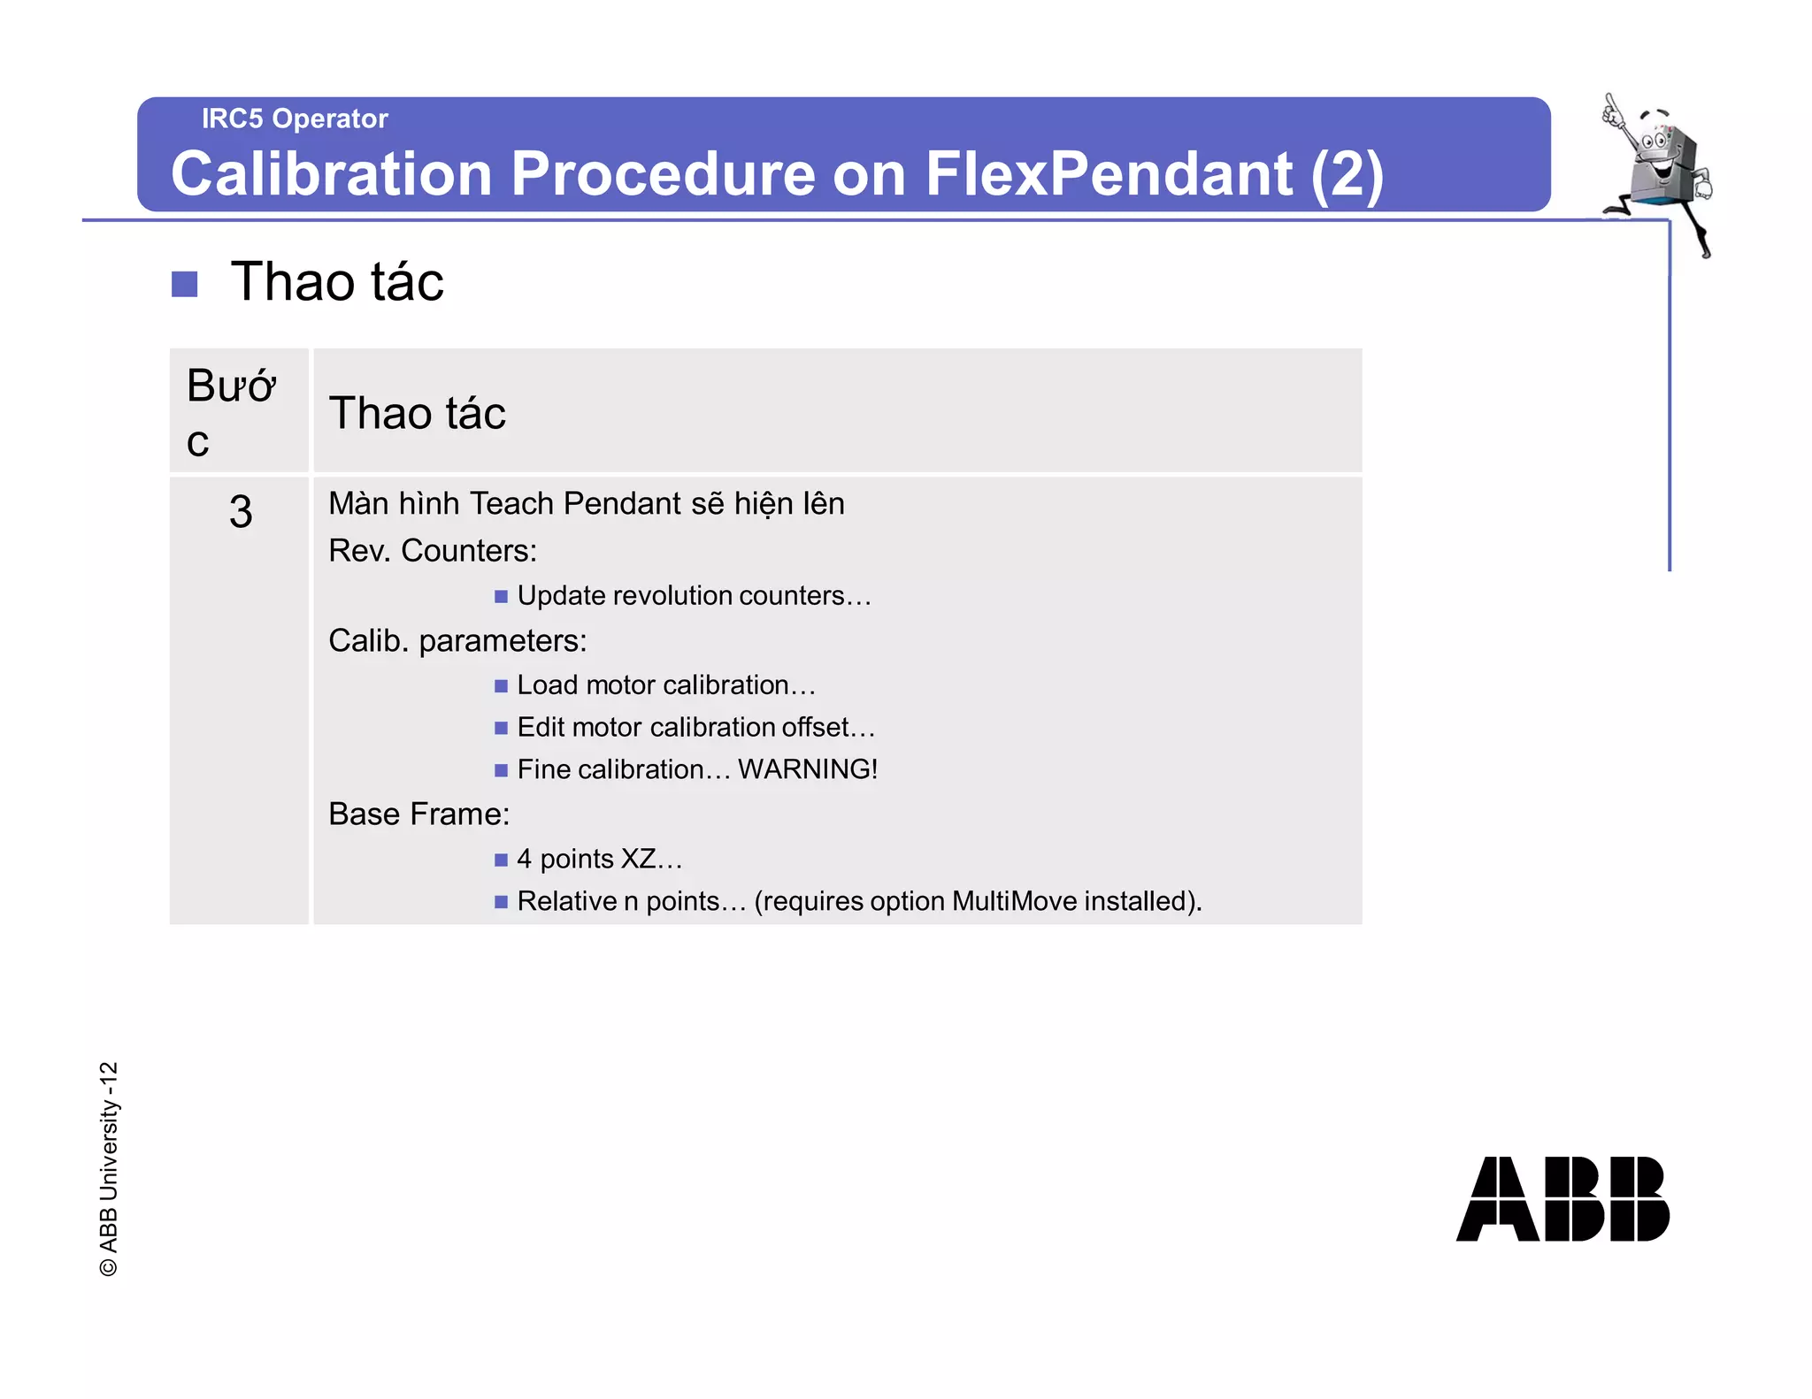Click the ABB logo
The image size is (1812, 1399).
[1562, 1198]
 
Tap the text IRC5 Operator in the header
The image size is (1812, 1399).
[295, 118]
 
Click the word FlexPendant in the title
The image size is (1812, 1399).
[1109, 173]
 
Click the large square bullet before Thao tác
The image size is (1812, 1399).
[184, 284]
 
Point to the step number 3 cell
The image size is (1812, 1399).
[240, 512]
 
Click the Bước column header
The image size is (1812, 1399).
[230, 411]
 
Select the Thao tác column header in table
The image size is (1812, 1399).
[417, 413]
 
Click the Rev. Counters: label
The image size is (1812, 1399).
[433, 551]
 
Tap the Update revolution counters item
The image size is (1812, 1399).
[694, 596]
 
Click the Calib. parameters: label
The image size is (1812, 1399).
[457, 641]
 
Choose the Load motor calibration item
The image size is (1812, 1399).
[665, 685]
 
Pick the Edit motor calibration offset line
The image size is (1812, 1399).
[695, 727]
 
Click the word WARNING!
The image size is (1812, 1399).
[808, 769]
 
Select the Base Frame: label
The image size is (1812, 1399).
[418, 814]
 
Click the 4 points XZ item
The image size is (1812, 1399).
[599, 859]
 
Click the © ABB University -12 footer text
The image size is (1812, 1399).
[108, 1168]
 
